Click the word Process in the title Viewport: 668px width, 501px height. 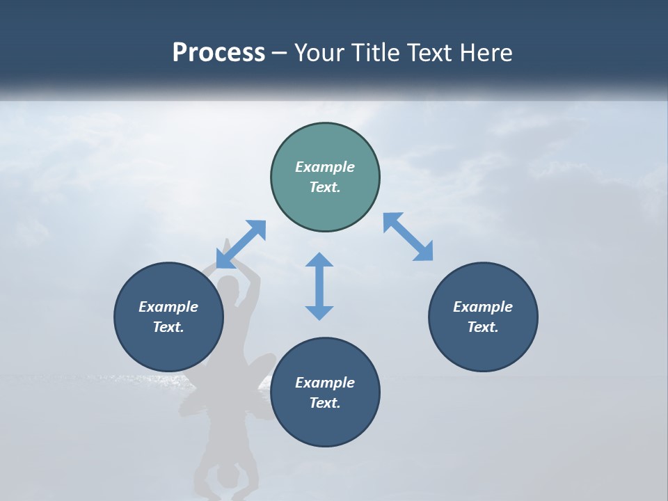pos(218,53)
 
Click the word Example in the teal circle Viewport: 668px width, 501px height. pos(325,167)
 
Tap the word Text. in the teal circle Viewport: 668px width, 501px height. pos(325,187)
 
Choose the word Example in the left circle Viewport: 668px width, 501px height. pos(168,307)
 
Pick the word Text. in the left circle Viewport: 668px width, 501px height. pos(168,327)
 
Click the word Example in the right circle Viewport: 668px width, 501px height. pos(483,307)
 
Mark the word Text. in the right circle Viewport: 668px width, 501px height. pos(483,327)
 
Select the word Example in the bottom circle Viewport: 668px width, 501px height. pos(325,383)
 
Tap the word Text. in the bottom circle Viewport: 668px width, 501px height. pos(325,403)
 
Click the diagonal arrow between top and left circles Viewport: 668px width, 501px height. pos(241,244)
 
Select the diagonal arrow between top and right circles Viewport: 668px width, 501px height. pos(408,237)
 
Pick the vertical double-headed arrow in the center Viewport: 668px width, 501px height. pos(319,286)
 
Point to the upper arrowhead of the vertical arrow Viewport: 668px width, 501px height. pos(319,260)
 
